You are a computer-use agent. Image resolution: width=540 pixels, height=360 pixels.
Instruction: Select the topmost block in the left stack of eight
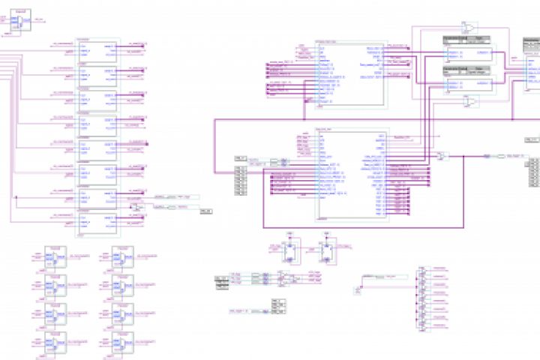[97, 50]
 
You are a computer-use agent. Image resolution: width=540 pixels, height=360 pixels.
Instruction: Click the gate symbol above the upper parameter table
[470, 28]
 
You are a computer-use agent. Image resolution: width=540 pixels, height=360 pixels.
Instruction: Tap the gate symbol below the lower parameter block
[470, 101]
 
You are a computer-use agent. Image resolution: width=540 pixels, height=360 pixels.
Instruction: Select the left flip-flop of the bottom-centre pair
[289, 250]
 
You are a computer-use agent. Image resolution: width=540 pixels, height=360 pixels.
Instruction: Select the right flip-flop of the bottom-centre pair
[326, 250]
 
